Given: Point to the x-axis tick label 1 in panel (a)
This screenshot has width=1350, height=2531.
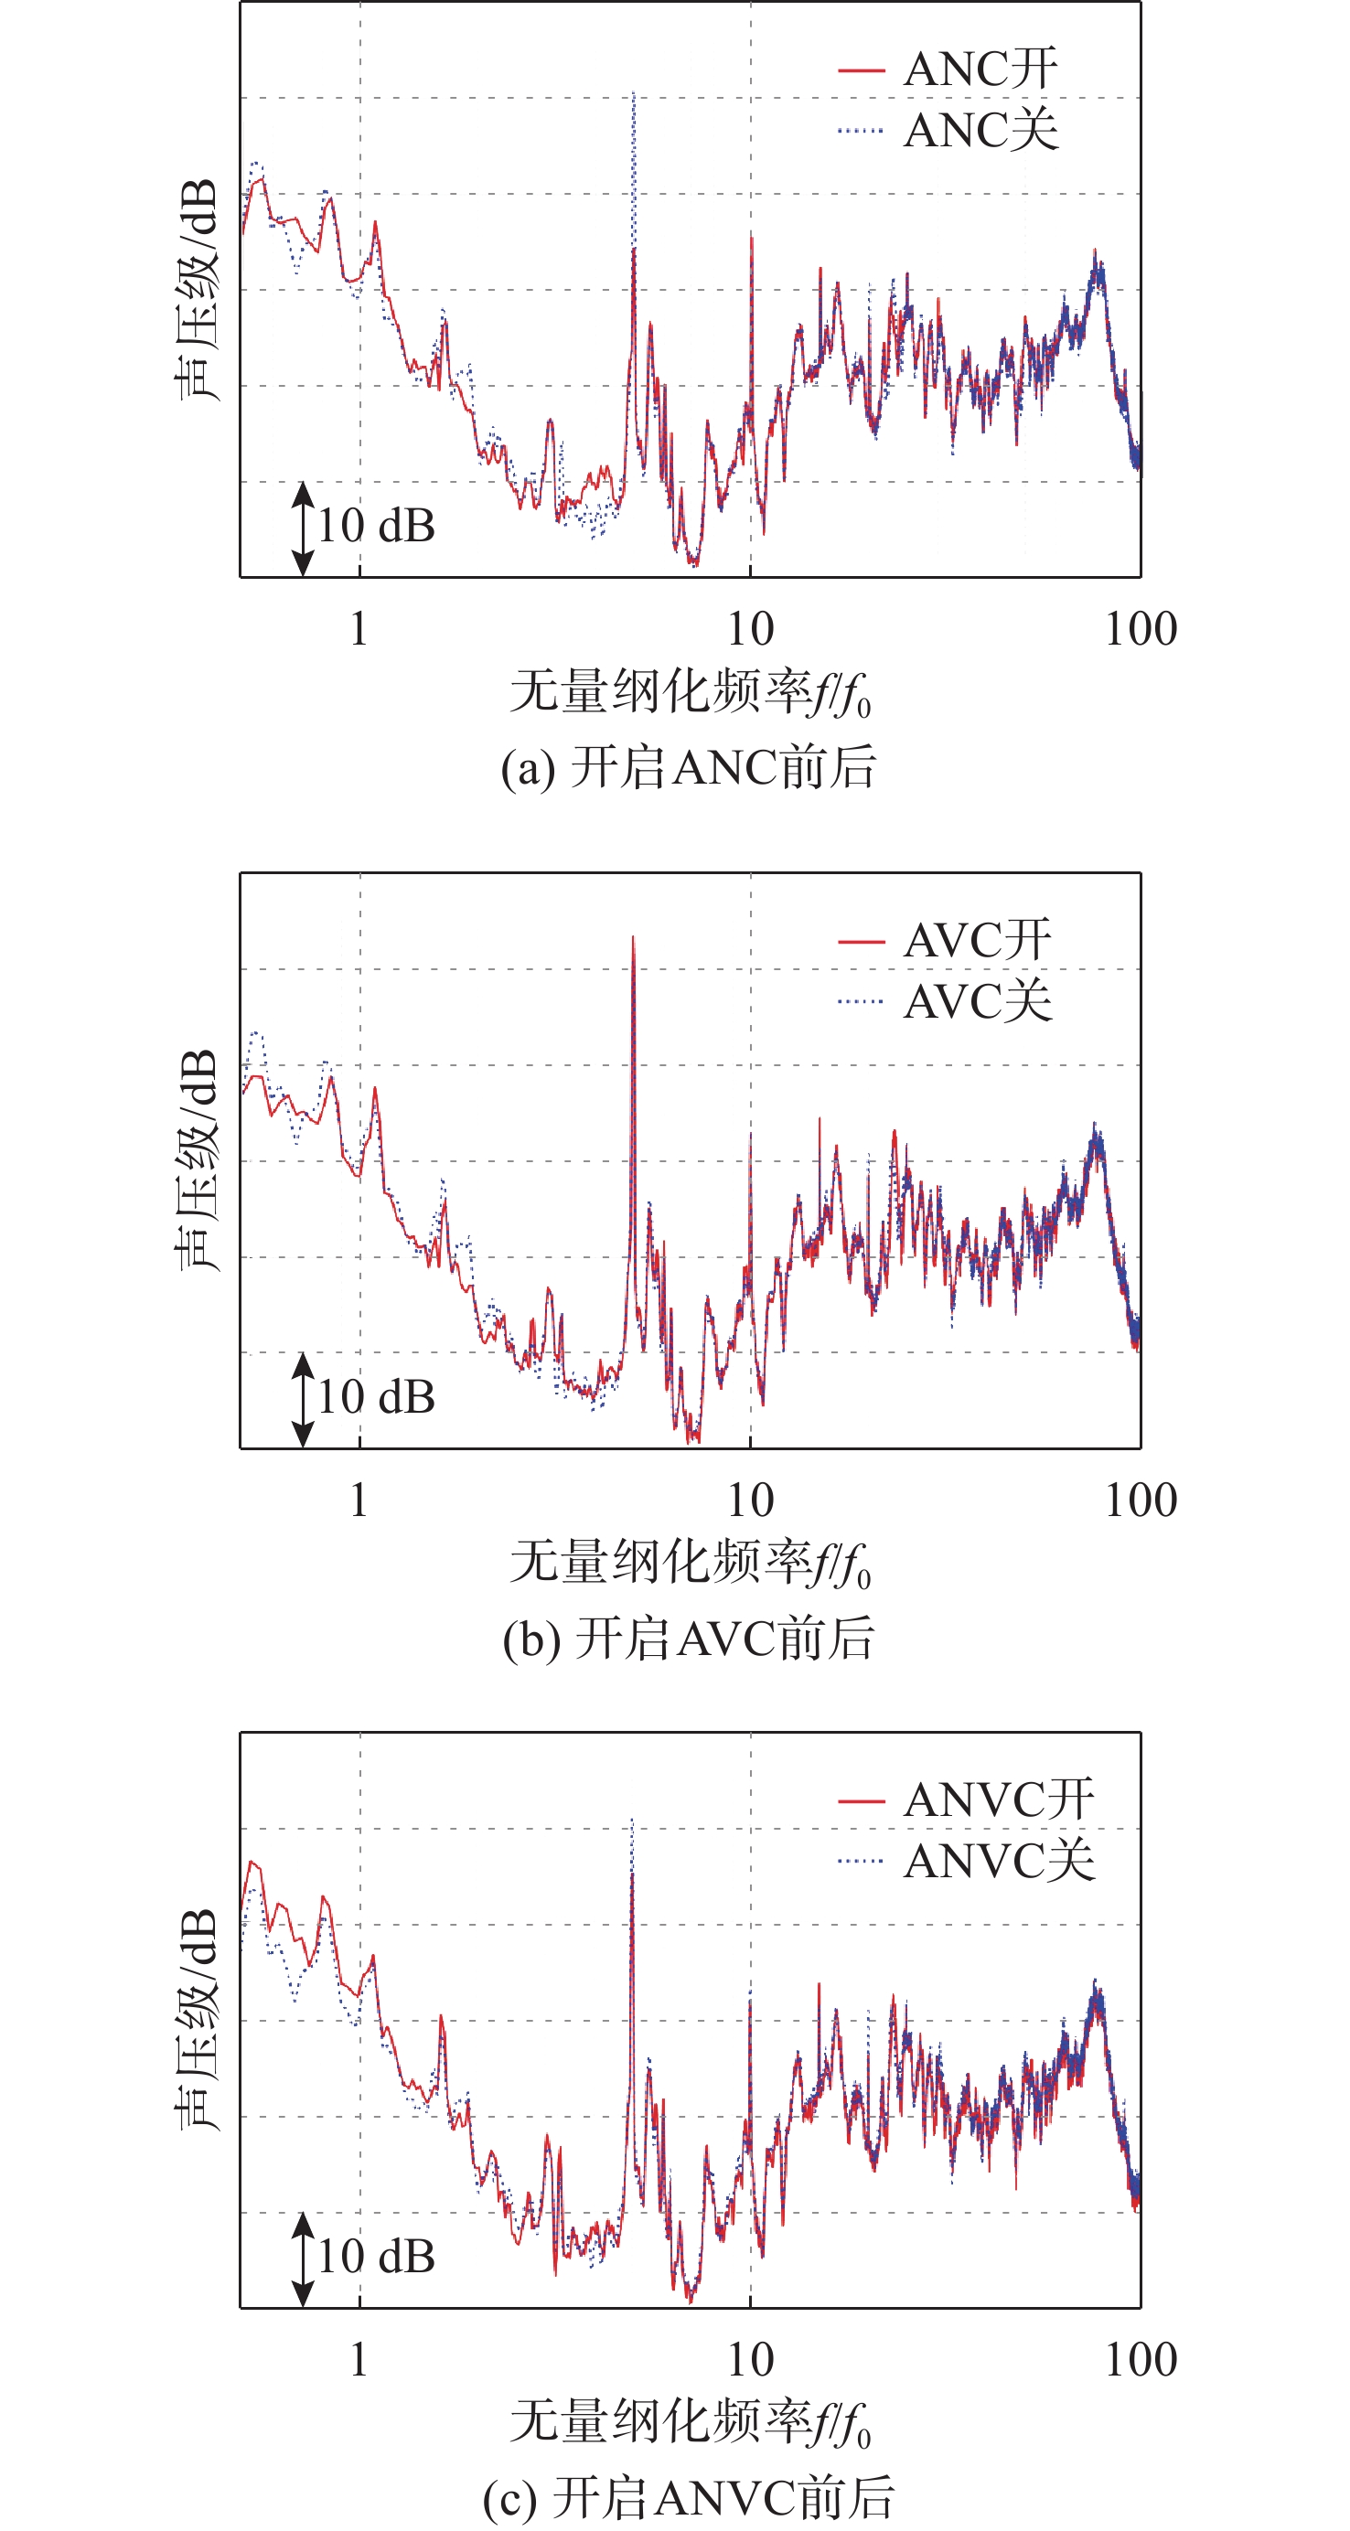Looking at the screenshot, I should (359, 629).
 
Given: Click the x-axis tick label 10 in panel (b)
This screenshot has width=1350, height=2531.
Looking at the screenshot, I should (751, 1500).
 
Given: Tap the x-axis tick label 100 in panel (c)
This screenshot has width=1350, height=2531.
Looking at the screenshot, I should (1140, 2360).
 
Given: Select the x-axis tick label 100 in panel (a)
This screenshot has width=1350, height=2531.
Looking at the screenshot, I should (1140, 629).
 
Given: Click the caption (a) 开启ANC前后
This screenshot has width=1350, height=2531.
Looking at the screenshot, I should (688, 768).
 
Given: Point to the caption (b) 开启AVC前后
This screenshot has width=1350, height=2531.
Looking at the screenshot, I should (688, 1639).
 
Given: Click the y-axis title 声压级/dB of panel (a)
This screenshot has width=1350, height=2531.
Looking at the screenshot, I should (197, 290).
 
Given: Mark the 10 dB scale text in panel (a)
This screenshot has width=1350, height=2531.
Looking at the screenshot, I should (376, 527).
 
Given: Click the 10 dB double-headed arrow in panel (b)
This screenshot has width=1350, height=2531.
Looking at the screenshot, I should (304, 1400).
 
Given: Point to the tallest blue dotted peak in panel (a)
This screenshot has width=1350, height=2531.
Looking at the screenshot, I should (634, 94).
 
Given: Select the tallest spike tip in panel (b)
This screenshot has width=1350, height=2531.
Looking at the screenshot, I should (634, 938).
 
